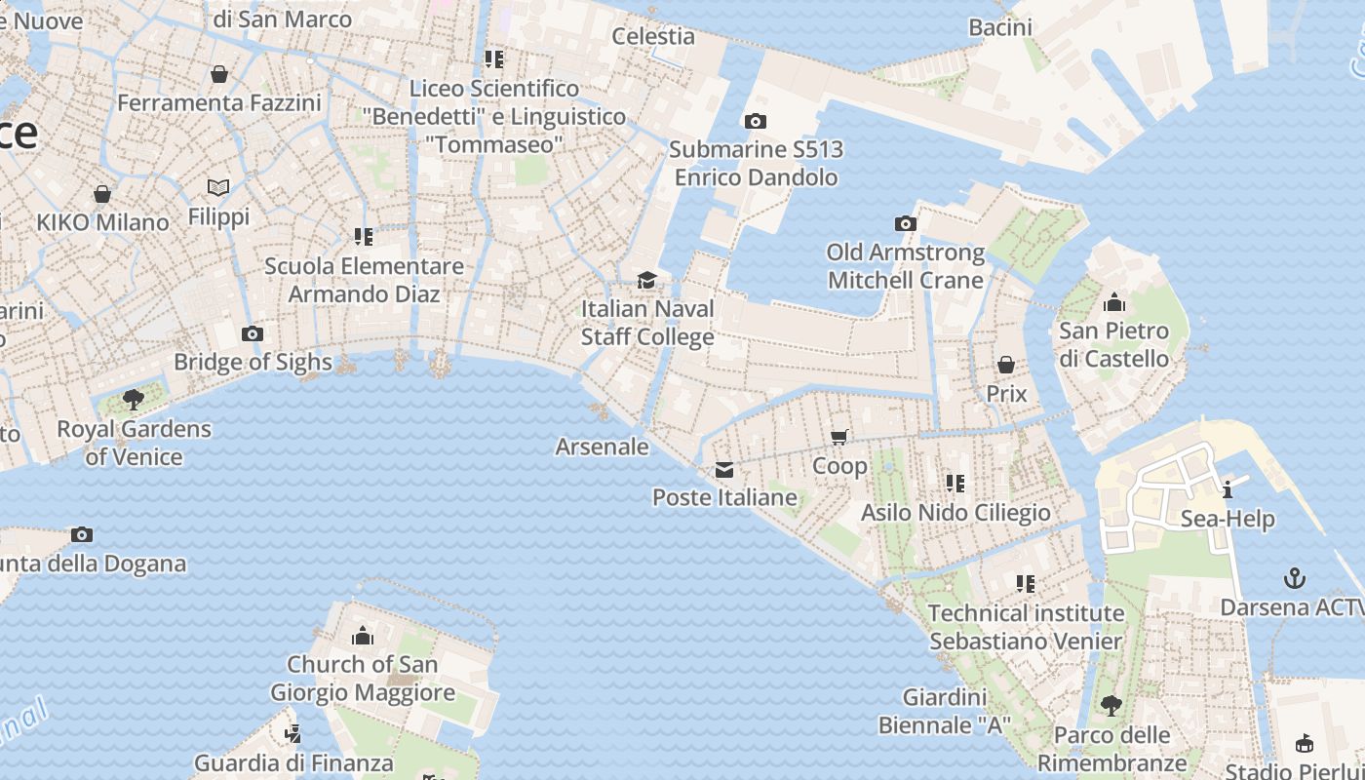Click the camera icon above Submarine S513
pyautogui.click(x=755, y=122)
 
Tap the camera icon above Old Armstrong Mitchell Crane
pyautogui.click(x=906, y=224)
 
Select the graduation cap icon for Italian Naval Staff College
pyautogui.click(x=646, y=281)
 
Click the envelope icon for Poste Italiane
pyautogui.click(x=724, y=470)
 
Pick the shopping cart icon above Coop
pyautogui.click(x=839, y=438)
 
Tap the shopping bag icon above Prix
pyautogui.click(x=1006, y=365)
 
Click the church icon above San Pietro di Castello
pyautogui.click(x=1113, y=302)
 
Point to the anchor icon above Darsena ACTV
pyautogui.click(x=1294, y=578)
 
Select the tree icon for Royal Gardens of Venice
pyautogui.click(x=134, y=400)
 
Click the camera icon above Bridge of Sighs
pyautogui.click(x=253, y=334)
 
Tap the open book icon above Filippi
pyautogui.click(x=218, y=188)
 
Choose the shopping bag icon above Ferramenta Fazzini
pyautogui.click(x=219, y=74)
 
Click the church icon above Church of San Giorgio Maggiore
pyautogui.click(x=363, y=637)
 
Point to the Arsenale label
pyautogui.click(x=602, y=447)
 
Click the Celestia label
pyautogui.click(x=653, y=36)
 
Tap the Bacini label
pyautogui.click(x=1000, y=27)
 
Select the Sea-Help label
pyautogui.click(x=1228, y=518)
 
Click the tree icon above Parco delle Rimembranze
pyautogui.click(x=1111, y=706)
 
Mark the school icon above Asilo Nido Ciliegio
pyautogui.click(x=955, y=483)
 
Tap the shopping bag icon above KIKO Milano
pyautogui.click(x=102, y=194)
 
